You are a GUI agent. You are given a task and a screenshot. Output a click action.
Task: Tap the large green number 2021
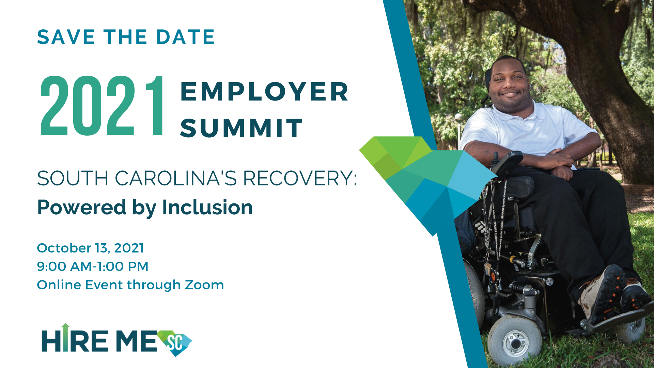click(x=102, y=106)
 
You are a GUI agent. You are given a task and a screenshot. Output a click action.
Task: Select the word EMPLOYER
click(x=264, y=92)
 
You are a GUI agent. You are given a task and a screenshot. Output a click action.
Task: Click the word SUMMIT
click(x=242, y=128)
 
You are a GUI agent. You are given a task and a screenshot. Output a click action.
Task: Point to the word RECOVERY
click(x=300, y=179)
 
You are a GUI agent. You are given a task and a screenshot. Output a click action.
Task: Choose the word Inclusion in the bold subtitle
click(x=207, y=208)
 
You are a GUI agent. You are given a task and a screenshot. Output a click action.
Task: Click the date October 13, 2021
click(x=90, y=248)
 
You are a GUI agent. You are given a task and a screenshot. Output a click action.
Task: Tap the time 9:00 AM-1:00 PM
click(x=93, y=266)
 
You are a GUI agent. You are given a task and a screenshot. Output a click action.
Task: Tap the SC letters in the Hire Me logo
click(x=175, y=342)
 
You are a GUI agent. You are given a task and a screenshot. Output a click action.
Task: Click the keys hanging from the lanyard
click(x=488, y=269)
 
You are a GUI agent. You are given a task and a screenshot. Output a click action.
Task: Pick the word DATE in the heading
click(x=185, y=37)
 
